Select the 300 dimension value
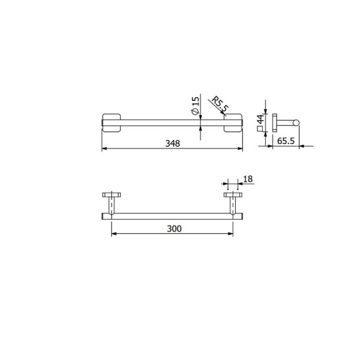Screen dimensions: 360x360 [173, 229]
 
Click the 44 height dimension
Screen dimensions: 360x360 [260, 119]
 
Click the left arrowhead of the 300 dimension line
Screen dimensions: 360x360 [113, 234]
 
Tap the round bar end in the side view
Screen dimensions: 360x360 [295, 125]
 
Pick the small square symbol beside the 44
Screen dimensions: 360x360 [259, 130]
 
